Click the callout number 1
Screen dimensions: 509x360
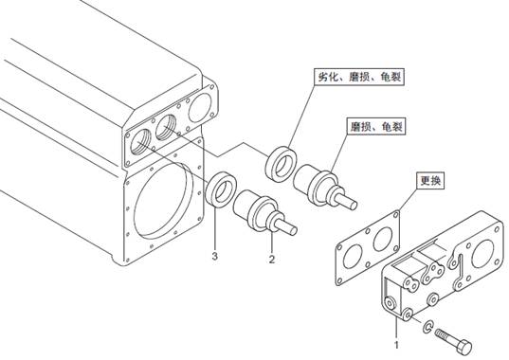coord(396,345)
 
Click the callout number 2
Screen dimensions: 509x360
coord(272,260)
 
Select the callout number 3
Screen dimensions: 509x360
coord(214,256)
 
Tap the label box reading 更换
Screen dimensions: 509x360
coord(430,180)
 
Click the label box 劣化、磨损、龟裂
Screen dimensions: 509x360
coord(359,77)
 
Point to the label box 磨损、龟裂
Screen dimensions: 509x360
coord(376,127)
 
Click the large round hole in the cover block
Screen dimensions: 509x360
coord(482,253)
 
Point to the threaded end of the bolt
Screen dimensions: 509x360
coord(443,335)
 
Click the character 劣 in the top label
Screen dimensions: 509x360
coord(322,77)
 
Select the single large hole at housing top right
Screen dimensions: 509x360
coord(199,107)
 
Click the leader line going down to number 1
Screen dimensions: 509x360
coord(396,329)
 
